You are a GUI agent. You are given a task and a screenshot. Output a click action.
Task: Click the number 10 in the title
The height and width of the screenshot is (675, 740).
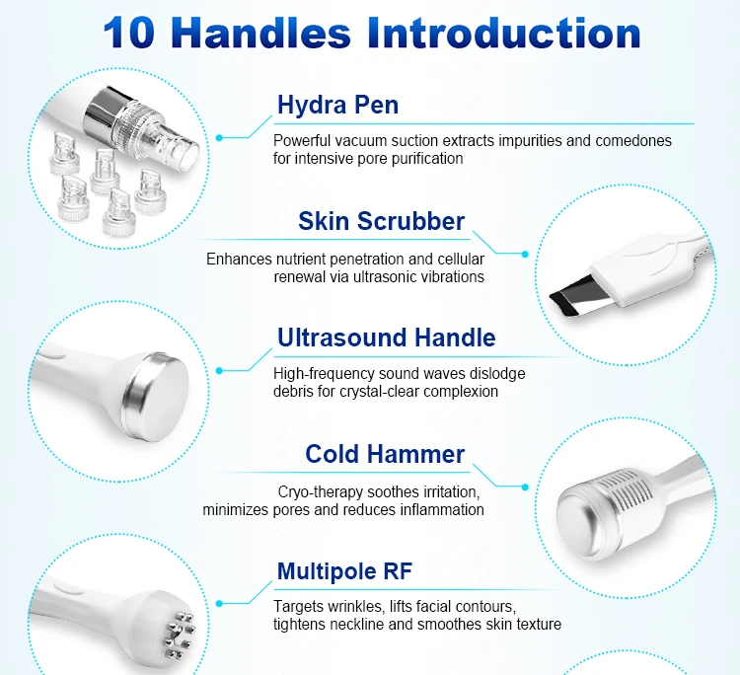[x=129, y=33]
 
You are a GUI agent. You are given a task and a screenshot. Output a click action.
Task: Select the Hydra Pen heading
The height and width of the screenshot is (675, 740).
[x=337, y=105]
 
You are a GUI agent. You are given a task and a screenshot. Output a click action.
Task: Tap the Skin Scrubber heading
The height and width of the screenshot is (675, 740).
[x=381, y=221]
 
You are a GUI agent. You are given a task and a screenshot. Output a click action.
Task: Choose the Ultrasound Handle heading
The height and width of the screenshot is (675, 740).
[x=387, y=337]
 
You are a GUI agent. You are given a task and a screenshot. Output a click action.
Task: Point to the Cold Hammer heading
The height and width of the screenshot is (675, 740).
[x=385, y=454]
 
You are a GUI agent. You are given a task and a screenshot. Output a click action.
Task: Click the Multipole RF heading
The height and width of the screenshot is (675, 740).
[x=345, y=570]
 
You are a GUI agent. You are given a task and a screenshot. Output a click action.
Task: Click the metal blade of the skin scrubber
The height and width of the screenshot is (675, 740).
[x=579, y=297]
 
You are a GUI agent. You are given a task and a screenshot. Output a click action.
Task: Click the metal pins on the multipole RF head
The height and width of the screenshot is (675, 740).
[x=178, y=634]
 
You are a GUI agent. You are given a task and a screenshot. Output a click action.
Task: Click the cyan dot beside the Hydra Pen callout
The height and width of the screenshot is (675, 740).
[x=219, y=138]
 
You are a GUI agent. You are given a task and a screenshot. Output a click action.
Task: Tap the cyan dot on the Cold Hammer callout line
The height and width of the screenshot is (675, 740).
[x=525, y=487]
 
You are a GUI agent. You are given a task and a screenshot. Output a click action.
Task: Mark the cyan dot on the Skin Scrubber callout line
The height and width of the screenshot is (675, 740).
[x=525, y=254]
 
